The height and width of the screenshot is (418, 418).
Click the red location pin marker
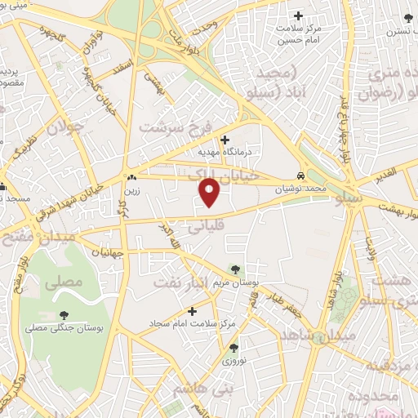(x=211, y=191)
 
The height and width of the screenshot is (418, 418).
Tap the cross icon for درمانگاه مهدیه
(x=225, y=139)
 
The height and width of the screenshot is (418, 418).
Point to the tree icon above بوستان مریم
(x=235, y=269)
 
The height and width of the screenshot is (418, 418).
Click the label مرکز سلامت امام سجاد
(x=192, y=324)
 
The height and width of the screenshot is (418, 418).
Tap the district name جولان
(x=65, y=128)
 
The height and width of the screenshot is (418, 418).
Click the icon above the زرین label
(x=130, y=176)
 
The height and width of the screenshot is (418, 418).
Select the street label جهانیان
(x=105, y=253)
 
